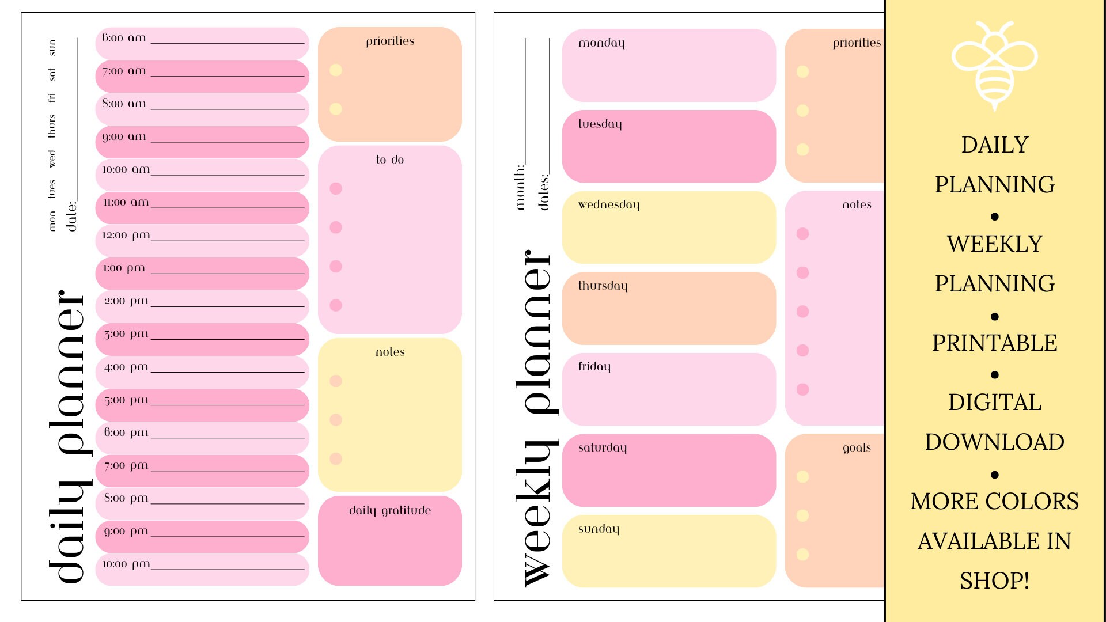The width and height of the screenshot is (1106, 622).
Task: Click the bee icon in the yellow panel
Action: [994, 65]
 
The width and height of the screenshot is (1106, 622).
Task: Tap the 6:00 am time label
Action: [124, 38]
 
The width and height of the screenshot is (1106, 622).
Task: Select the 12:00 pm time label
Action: [126, 235]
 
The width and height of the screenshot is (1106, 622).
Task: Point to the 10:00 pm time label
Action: [126, 564]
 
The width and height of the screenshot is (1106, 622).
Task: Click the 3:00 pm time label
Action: [126, 334]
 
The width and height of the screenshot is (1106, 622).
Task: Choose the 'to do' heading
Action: [390, 160]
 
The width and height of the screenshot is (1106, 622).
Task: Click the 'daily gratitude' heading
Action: [390, 510]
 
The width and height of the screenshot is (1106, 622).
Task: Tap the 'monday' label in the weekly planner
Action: [601, 43]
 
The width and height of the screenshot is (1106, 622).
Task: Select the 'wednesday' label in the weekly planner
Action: [609, 205]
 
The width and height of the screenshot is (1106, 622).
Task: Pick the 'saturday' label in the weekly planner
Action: [603, 447]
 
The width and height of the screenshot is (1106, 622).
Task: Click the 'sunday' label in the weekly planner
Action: [599, 529]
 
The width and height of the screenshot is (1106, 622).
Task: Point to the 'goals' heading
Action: [857, 447]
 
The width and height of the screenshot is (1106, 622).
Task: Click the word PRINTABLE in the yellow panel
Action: [994, 343]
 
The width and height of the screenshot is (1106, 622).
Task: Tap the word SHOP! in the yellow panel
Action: [994, 581]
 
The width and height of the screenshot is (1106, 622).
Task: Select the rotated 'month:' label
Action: [520, 187]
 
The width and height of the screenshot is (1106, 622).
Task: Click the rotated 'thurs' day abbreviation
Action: [52, 126]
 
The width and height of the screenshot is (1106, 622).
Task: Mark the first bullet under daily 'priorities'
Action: [336, 70]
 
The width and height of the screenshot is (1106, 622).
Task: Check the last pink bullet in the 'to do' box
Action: [336, 305]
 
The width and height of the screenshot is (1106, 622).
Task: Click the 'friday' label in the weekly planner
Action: [594, 366]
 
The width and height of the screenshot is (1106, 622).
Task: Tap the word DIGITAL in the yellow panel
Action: [994, 402]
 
